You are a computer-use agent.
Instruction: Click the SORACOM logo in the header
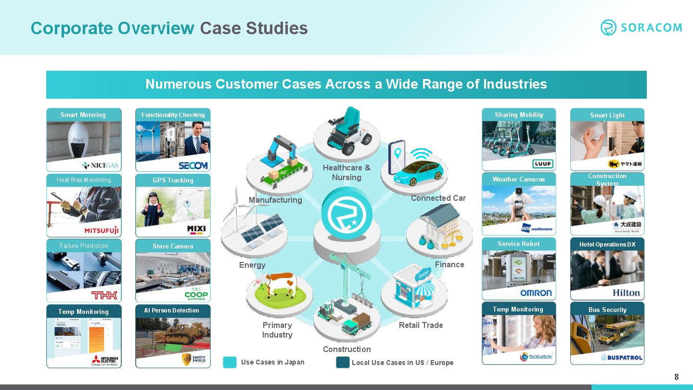(x=641, y=27)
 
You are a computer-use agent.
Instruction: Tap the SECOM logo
(x=193, y=165)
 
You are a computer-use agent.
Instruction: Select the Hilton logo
(x=626, y=293)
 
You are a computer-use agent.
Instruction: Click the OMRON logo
(x=536, y=293)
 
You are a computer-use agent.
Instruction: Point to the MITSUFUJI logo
(x=102, y=230)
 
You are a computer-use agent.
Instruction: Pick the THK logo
(x=104, y=295)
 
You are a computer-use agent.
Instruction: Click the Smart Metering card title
(x=83, y=115)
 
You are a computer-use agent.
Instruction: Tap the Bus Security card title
(x=607, y=310)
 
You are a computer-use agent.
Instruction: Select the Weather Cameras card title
(x=519, y=179)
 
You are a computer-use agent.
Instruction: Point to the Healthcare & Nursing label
(x=346, y=172)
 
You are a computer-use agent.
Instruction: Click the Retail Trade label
(x=421, y=325)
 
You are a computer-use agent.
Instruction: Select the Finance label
(x=449, y=264)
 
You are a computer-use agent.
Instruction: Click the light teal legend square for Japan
(x=230, y=362)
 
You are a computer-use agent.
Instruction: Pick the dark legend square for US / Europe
(x=343, y=362)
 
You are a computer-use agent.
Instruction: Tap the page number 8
(x=676, y=377)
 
